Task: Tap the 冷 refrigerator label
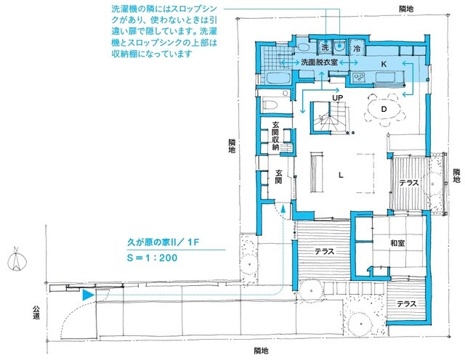pos(357,47)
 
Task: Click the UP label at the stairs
pos(337,97)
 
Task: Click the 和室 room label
pos(397,244)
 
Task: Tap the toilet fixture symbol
pos(270,105)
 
